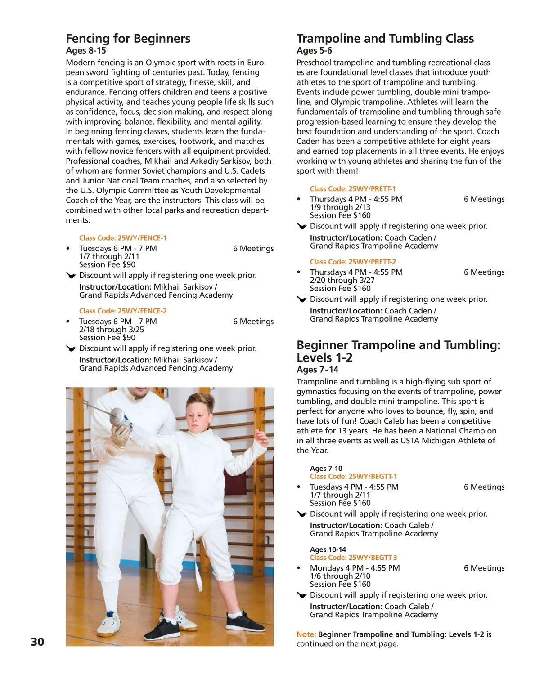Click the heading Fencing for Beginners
(128, 39)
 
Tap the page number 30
(37, 642)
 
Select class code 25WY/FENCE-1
(123, 238)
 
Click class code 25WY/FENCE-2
(123, 311)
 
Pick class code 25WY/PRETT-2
(353, 262)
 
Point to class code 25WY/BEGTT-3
(353, 558)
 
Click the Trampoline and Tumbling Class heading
(385, 39)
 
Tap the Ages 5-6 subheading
(314, 51)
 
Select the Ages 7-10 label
(326, 468)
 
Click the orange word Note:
(306, 634)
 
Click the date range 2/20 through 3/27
(342, 280)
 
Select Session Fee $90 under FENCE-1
(107, 264)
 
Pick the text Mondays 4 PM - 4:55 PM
(355, 568)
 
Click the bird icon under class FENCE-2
(71, 348)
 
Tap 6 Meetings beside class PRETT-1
(484, 199)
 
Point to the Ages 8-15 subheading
(86, 51)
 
